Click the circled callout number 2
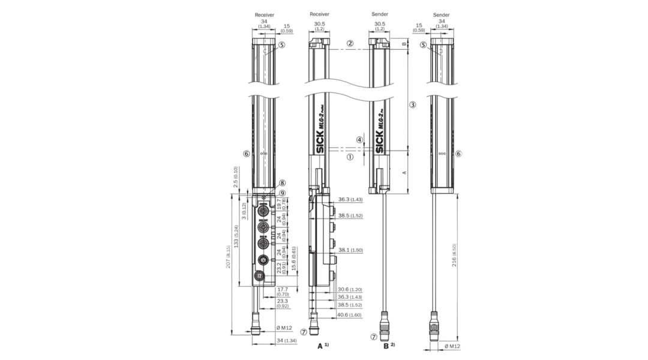pos(350,44)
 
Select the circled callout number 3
pos(412,104)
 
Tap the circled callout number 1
pos(350,158)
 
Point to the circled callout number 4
pos(359,139)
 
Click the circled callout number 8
pos(282,183)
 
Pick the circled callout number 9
pos(282,193)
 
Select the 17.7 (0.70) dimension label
pos(282,292)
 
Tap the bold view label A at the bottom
pos(320,346)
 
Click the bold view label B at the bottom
pos(386,346)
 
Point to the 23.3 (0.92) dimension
pos(282,304)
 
